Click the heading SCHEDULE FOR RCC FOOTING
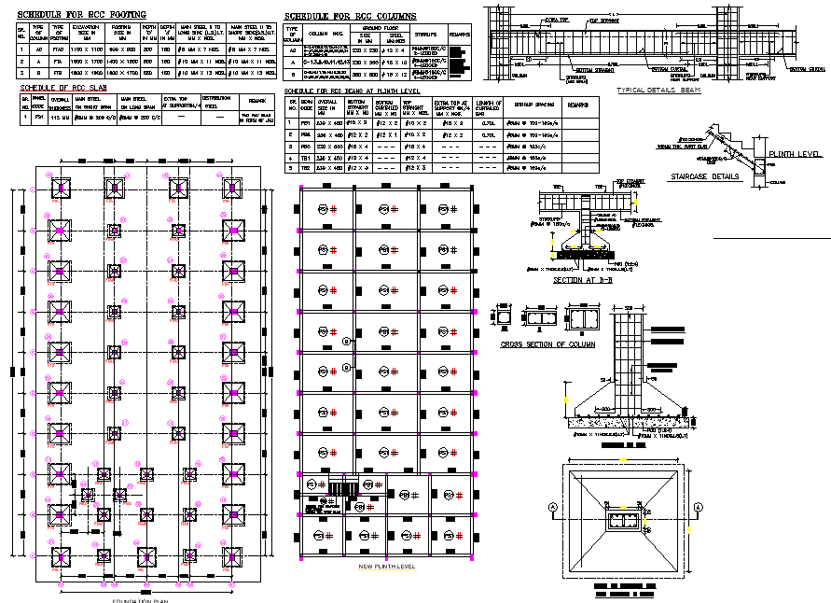pyautogui.click(x=82, y=15)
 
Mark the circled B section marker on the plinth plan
pyautogui.click(x=346, y=342)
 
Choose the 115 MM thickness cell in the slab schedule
pyautogui.click(x=61, y=119)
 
